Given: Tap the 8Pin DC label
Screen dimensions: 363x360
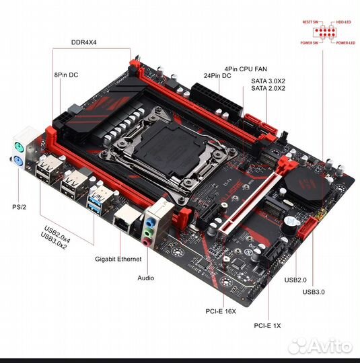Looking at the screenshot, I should (66, 75).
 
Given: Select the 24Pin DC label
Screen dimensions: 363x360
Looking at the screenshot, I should (219, 75).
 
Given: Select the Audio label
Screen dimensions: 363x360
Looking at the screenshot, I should (145, 278).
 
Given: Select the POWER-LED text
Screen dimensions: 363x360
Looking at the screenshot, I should (346, 42).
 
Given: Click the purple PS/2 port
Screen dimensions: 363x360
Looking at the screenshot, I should (18, 147).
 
